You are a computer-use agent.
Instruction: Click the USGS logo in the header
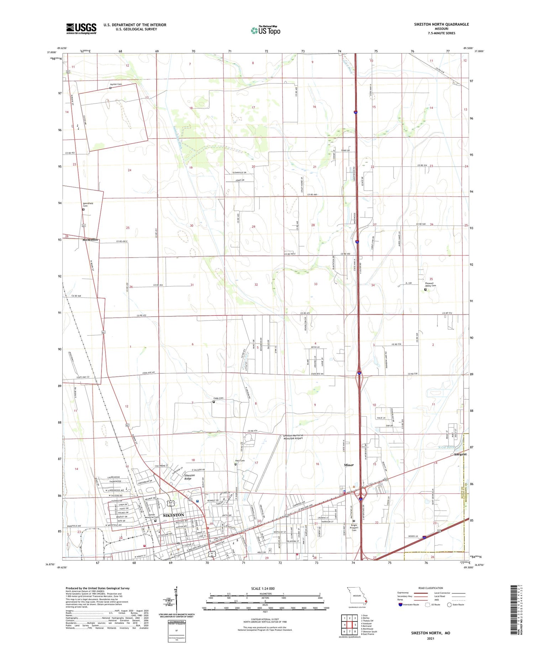click(81, 29)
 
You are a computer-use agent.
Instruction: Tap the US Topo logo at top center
click(266, 30)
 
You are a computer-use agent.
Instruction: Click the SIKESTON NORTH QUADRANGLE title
click(441, 25)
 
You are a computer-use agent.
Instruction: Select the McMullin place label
click(90, 240)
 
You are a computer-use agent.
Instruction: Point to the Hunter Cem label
click(116, 84)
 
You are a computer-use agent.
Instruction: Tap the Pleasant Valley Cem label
click(430, 284)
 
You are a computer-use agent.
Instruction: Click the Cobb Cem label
click(218, 398)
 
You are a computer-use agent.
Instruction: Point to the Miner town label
click(349, 465)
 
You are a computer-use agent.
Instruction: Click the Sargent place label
click(460, 454)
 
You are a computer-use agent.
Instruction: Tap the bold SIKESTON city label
click(173, 515)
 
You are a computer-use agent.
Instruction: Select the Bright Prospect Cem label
click(354, 527)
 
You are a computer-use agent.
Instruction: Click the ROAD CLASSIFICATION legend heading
click(431, 588)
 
